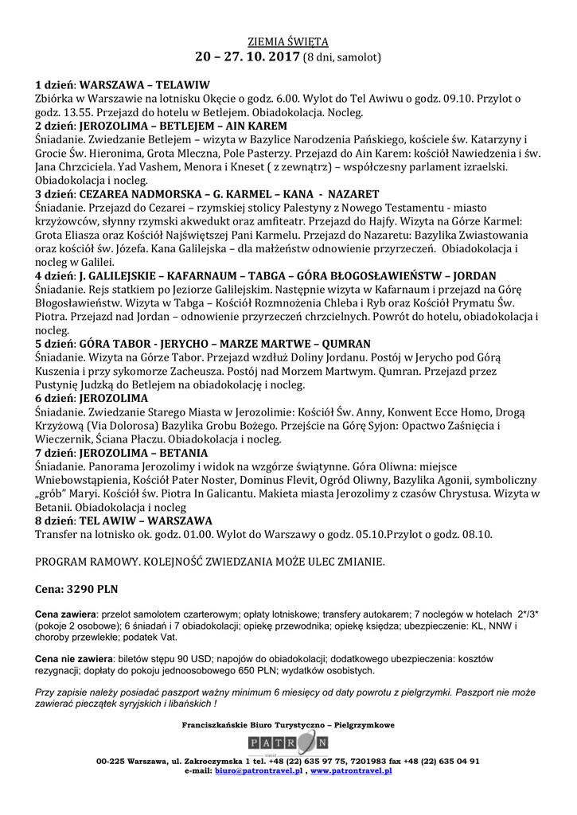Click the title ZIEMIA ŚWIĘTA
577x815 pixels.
[288, 41]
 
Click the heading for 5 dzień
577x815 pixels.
[203, 343]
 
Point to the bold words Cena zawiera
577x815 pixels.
[65, 614]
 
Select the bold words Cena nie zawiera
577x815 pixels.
[73, 659]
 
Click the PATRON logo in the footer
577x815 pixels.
[288, 743]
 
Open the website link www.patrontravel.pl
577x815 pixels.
[351, 770]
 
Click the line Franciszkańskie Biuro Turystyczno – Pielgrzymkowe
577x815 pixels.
[288, 725]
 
